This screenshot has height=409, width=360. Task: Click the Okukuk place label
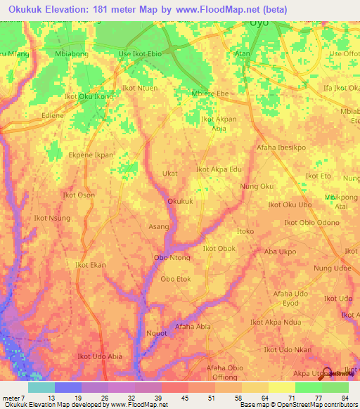tap(180, 202)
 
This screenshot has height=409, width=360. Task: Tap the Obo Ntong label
tap(172, 258)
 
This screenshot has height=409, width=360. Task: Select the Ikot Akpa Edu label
tap(219, 169)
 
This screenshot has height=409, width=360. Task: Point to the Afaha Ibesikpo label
tap(281, 148)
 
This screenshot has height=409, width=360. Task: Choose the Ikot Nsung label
tap(52, 219)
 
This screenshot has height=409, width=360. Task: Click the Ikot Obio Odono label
tap(311, 223)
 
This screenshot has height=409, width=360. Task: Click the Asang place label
tap(158, 227)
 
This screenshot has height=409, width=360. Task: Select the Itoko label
tap(245, 231)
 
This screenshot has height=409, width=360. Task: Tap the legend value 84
tap(345, 398)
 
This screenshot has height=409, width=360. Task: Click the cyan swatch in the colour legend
tap(41, 387)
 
